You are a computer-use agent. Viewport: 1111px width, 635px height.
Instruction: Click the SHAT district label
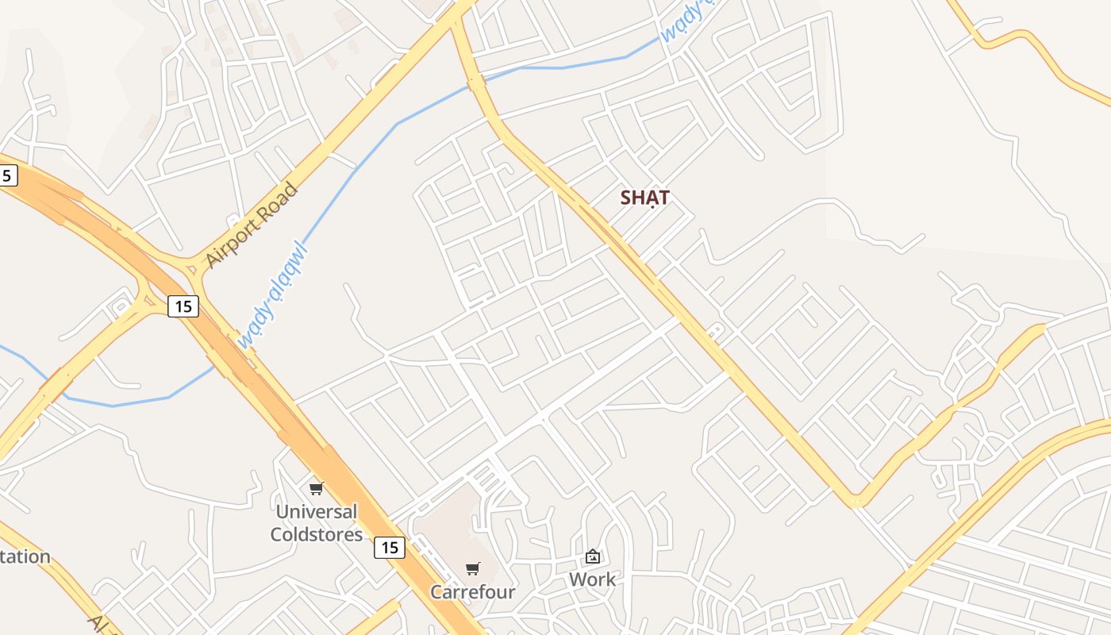[x=645, y=198]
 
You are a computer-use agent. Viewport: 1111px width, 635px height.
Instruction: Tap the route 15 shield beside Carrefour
[x=389, y=547]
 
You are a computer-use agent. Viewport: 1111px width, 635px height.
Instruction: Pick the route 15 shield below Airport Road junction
[x=183, y=306]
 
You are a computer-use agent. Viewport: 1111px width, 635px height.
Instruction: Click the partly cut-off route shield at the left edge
[x=7, y=175]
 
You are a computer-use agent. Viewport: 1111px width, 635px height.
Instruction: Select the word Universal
[x=317, y=511]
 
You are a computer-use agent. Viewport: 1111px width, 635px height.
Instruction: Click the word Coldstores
[x=317, y=534]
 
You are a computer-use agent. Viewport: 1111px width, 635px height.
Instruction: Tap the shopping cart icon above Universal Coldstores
[x=317, y=488]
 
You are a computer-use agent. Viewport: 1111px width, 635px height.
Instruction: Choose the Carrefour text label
[x=473, y=592]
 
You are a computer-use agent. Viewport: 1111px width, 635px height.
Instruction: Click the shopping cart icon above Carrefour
[x=473, y=568]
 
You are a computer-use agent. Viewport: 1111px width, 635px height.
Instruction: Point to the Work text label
[x=592, y=579]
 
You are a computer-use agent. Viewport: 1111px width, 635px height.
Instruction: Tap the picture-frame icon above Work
[x=592, y=556]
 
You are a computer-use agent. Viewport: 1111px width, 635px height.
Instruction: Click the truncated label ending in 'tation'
[x=25, y=556]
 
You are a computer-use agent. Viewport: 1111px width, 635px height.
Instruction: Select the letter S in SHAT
[x=626, y=198]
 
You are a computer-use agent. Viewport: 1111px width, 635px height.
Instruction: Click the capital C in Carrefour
[x=436, y=592]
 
